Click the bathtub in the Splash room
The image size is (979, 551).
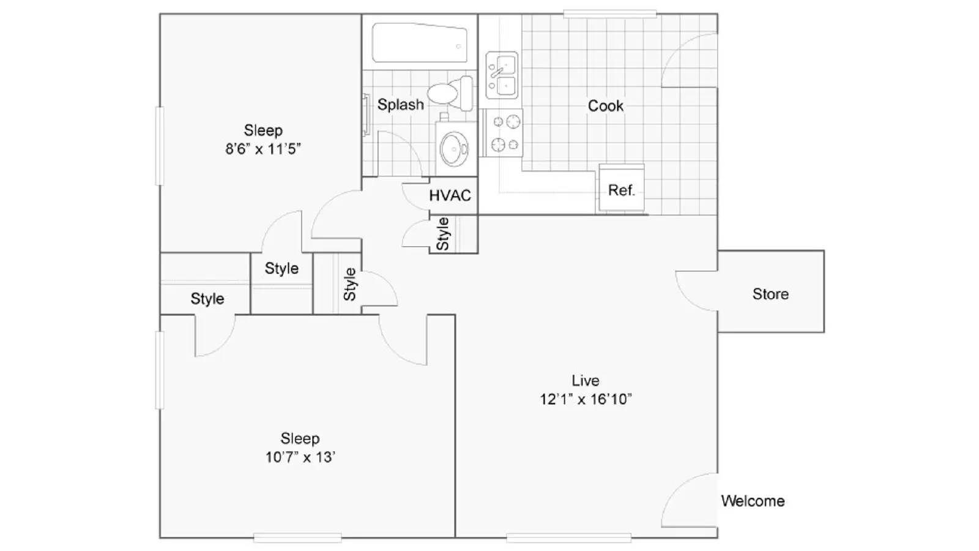419,43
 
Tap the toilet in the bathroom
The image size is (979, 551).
449,93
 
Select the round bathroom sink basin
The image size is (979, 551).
453,148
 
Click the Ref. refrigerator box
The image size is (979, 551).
621,190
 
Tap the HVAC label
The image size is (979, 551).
450,195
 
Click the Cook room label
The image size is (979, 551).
605,106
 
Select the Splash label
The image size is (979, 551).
400,105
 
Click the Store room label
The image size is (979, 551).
770,294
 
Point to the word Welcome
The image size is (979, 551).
752,501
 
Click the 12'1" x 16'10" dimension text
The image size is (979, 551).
585,399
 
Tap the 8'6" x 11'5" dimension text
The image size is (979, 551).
263,149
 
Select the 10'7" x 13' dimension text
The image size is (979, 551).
300,457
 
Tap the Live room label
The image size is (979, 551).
585,380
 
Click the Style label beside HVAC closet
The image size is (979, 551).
442,234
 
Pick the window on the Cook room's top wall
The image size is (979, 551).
609,13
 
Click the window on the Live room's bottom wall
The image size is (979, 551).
568,538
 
